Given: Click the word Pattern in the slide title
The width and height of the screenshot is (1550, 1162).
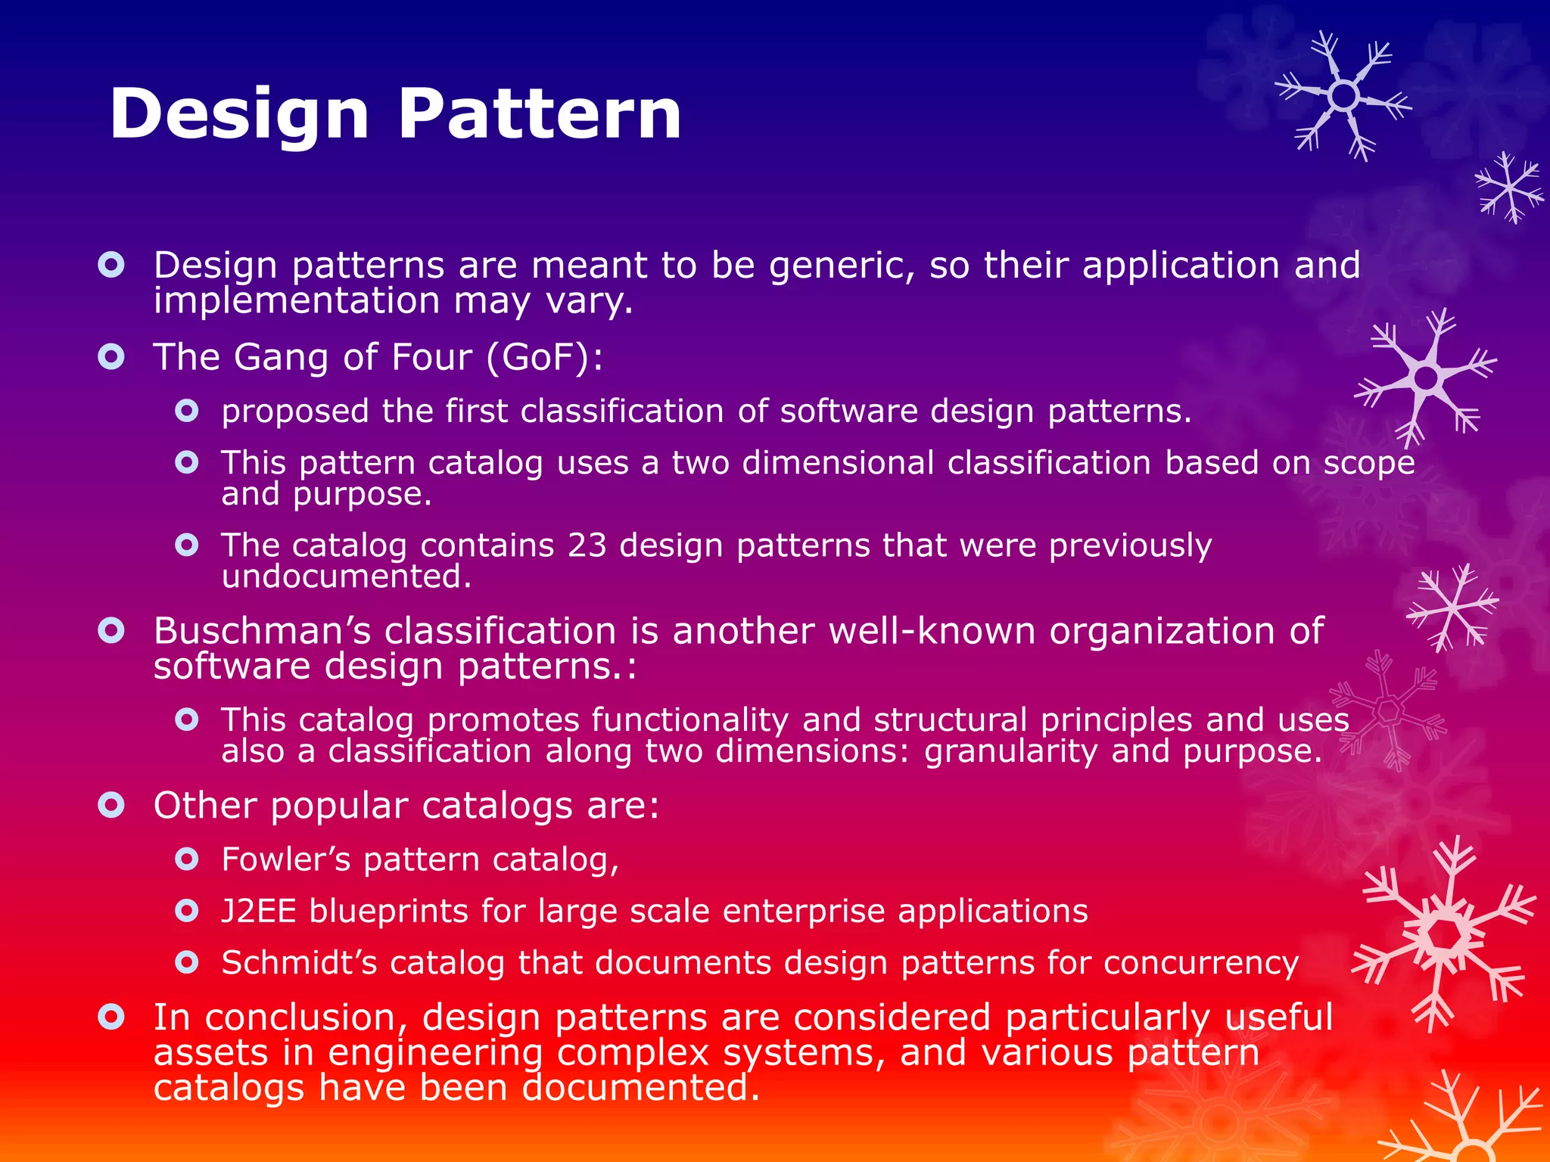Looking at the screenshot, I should [x=539, y=115].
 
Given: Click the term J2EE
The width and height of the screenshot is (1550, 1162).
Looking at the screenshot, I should [x=258, y=911].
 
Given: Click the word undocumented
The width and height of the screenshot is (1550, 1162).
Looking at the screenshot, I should [x=346, y=577].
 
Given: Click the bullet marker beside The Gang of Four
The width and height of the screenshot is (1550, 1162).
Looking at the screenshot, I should [x=111, y=356].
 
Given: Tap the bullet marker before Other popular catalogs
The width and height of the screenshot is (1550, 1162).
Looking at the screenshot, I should [x=111, y=805].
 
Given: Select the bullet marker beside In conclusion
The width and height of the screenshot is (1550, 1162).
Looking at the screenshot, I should [x=111, y=1017].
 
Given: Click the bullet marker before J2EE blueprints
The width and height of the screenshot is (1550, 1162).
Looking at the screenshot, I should [x=186, y=911].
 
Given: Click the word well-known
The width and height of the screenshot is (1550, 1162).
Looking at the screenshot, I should [x=931, y=631].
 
